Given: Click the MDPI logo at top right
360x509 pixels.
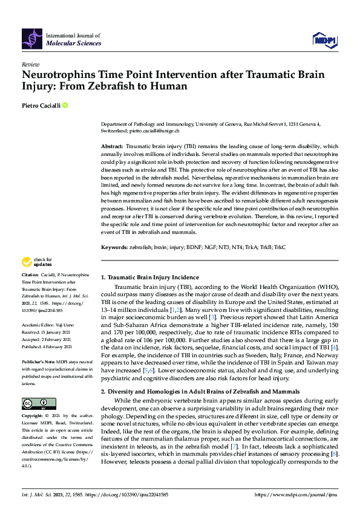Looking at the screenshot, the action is click(323, 41).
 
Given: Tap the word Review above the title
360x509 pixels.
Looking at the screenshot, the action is click(30, 63).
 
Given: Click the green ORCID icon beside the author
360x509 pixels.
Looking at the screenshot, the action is click(65, 105).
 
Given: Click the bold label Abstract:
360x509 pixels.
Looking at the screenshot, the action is click(111, 146).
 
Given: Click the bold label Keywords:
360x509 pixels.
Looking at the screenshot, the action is click(114, 247).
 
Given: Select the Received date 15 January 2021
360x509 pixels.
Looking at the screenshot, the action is click(54, 331).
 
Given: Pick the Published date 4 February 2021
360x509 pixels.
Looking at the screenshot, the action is click(56, 346).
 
